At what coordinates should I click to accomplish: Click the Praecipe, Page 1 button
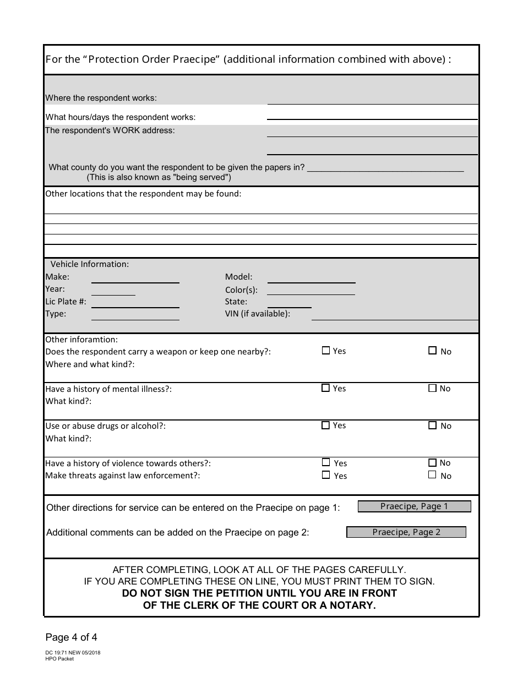(x=414, y=506)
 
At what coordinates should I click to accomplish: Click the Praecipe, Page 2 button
(x=406, y=532)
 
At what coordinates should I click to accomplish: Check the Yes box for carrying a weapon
(x=325, y=351)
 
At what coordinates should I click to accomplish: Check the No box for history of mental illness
(x=433, y=389)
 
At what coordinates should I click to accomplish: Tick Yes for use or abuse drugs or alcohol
(x=325, y=425)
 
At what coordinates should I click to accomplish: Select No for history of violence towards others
(x=433, y=463)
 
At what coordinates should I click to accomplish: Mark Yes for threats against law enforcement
(x=326, y=475)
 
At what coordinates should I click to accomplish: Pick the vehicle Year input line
(x=113, y=290)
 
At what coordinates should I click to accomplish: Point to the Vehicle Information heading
(x=90, y=264)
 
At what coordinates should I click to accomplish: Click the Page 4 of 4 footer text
(x=71, y=638)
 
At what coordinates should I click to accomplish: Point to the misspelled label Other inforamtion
(x=81, y=340)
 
